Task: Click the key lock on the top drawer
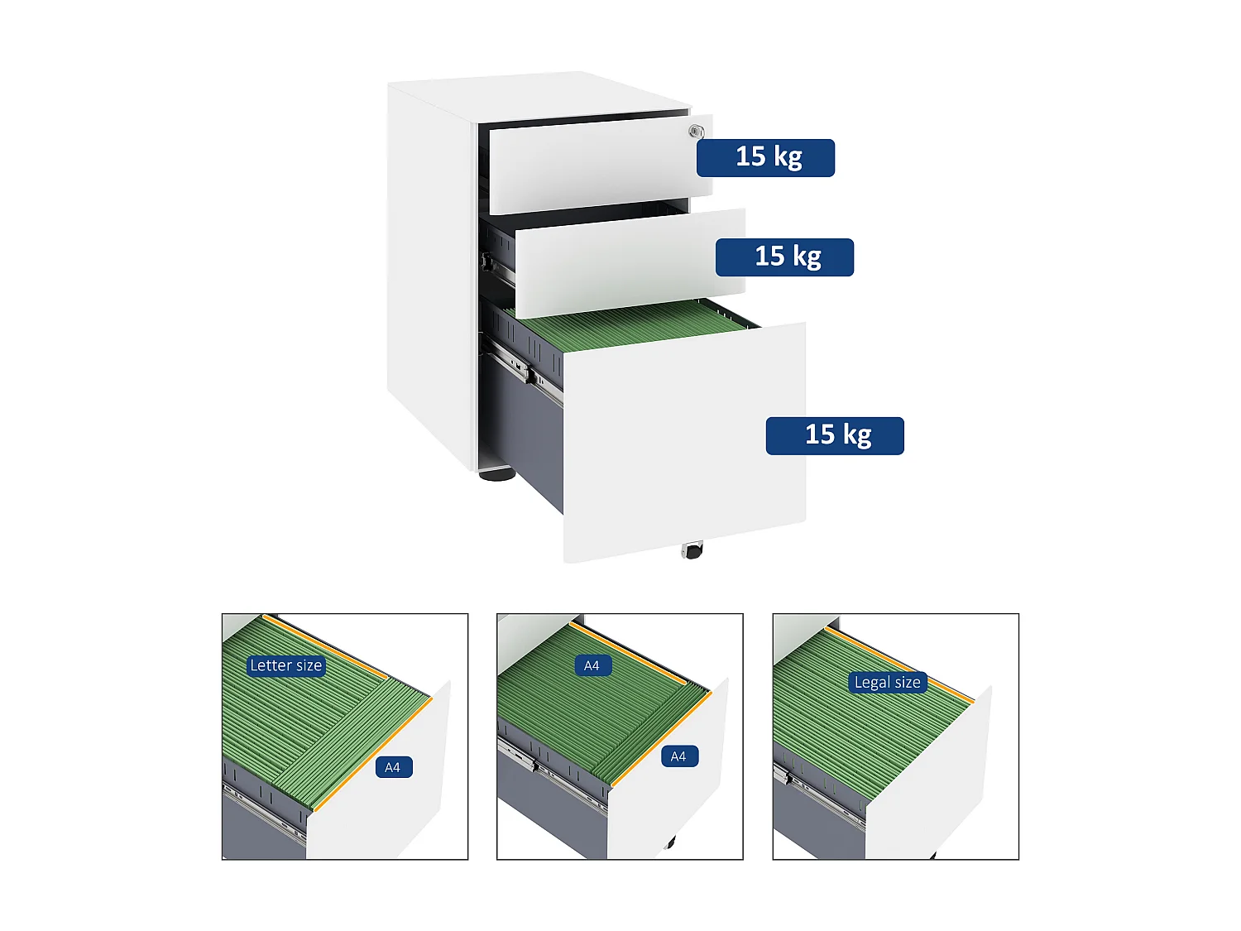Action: click(697, 131)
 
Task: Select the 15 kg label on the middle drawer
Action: click(784, 257)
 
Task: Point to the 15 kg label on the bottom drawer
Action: click(835, 435)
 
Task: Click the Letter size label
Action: click(285, 665)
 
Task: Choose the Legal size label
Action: click(887, 683)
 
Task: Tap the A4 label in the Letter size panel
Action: click(392, 767)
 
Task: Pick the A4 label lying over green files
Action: click(592, 665)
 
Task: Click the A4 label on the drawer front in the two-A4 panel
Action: click(678, 756)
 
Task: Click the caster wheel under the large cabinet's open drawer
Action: click(692, 550)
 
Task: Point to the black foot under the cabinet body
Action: click(496, 474)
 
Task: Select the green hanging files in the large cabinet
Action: click(629, 323)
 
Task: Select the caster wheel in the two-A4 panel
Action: click(670, 843)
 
